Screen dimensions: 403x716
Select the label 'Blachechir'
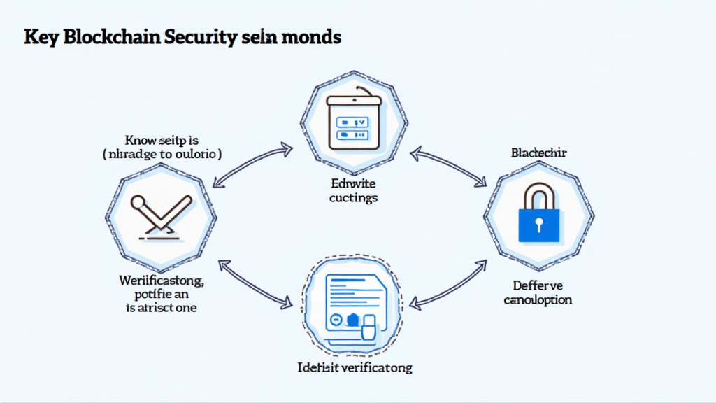539,153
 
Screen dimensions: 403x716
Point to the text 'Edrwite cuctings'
354,191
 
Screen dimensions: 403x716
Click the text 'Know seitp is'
162,139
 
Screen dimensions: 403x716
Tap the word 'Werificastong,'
162,281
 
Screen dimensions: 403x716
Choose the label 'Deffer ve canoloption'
538,292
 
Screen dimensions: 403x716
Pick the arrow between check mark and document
255,283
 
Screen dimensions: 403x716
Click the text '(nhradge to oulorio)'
162,154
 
